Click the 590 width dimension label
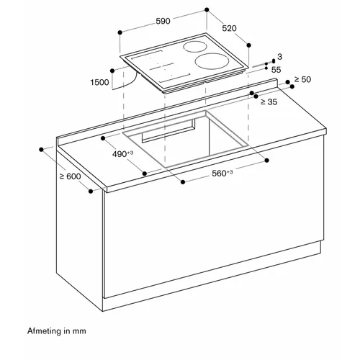coord(163,21)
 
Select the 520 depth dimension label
coord(229,28)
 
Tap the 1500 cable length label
coord(99,82)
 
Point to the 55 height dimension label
coord(276,70)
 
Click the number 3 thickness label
coord(279,57)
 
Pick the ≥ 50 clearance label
coord(302,79)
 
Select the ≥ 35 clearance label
coord(269,102)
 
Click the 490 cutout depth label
coord(122,154)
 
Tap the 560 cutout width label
coord(222,173)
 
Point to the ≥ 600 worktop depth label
coord(71,176)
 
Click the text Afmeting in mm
coord(57,331)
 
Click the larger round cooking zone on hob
coord(212,60)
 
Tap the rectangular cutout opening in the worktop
coord(185,139)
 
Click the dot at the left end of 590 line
coord(120,32)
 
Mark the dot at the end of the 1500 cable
coord(112,71)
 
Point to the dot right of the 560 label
coord(267,161)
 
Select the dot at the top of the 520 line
coord(207,9)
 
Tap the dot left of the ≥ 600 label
coord(41,150)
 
